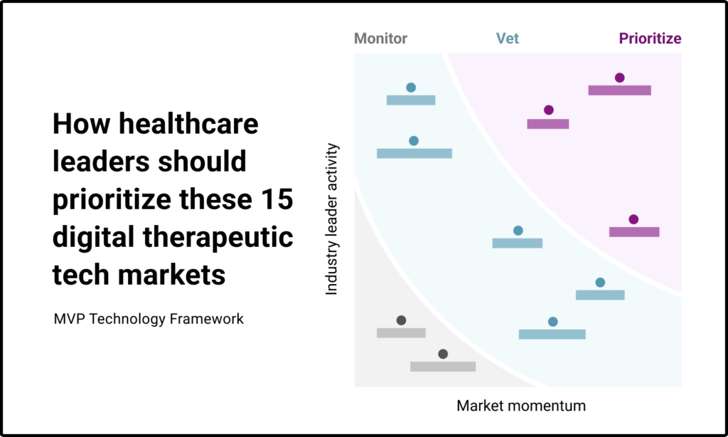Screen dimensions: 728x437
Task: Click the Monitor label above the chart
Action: (x=380, y=38)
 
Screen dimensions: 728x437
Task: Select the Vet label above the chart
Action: (x=507, y=38)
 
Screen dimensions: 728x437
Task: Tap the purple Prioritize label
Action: (x=650, y=38)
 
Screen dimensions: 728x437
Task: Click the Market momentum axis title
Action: (x=521, y=406)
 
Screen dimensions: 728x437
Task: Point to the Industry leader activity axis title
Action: (x=331, y=219)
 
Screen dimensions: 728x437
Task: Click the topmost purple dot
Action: (x=619, y=78)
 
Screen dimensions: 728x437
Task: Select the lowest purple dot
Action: (x=633, y=219)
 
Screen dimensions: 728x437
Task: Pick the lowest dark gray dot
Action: (x=443, y=354)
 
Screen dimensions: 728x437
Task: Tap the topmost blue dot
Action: (x=411, y=88)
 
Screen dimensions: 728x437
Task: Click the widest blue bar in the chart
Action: (x=414, y=154)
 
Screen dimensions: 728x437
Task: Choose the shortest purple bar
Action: (x=548, y=124)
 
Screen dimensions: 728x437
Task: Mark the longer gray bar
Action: (x=443, y=367)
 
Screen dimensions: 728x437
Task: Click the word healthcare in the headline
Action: (x=188, y=124)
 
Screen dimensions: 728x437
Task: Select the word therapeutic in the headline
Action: (x=218, y=237)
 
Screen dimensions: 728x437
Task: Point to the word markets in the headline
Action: (x=171, y=275)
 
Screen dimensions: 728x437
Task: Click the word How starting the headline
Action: (x=82, y=124)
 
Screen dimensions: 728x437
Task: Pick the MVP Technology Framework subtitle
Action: (x=149, y=319)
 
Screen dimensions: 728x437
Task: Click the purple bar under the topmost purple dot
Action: (x=619, y=90)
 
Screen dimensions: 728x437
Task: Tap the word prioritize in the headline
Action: (x=112, y=201)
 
